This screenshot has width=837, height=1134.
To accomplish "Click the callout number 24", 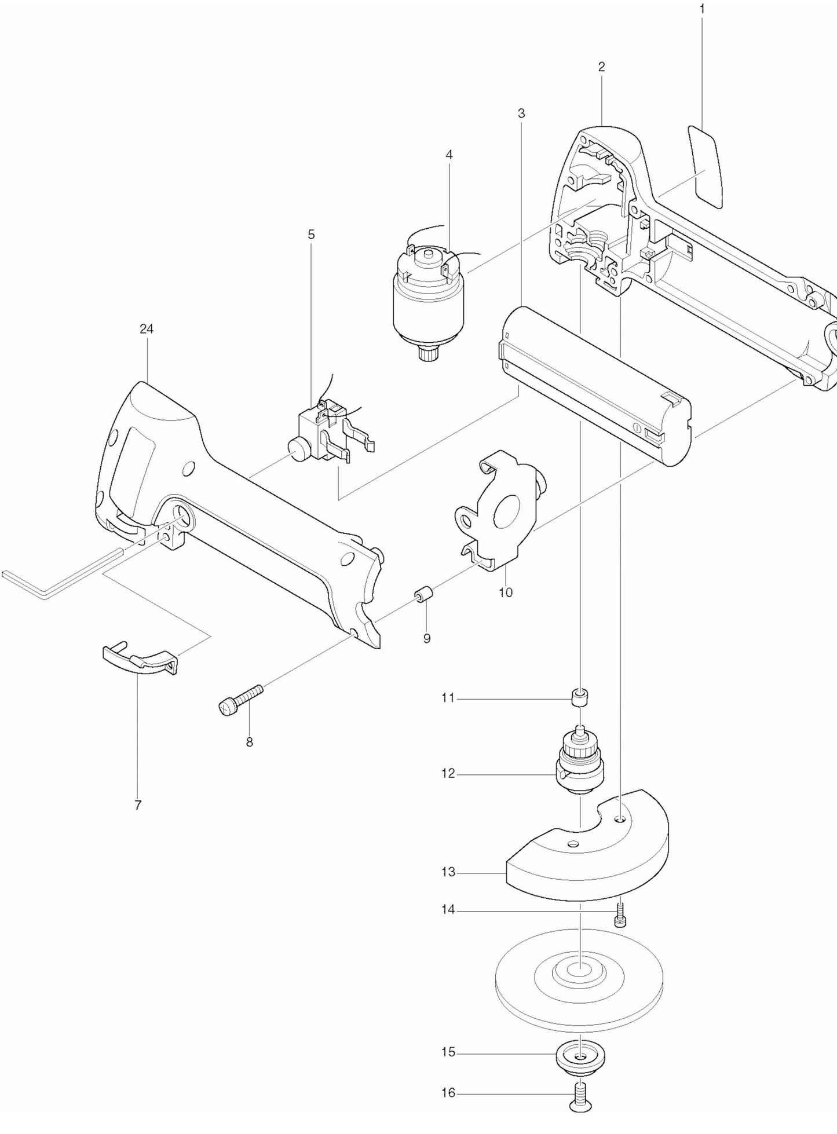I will [x=147, y=329].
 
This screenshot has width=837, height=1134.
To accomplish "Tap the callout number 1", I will [x=702, y=9].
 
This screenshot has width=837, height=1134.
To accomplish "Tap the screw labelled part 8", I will [x=241, y=698].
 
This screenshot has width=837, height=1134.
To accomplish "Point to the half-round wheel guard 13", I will [x=585, y=857].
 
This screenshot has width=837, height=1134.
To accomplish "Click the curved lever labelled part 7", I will [x=139, y=660].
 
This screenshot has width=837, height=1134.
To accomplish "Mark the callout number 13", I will [x=448, y=872].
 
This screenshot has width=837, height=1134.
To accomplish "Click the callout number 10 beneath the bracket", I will [x=506, y=592].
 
